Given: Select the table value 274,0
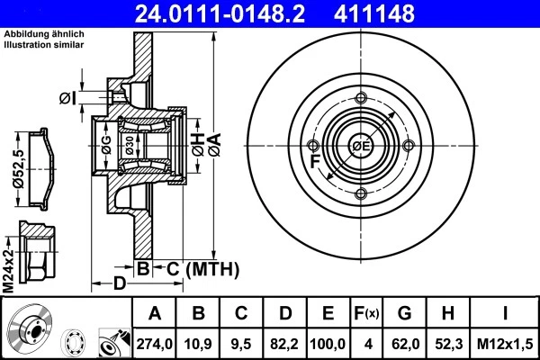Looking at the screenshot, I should [155, 342].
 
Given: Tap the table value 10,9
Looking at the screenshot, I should [198, 342].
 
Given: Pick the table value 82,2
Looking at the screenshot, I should [285, 342].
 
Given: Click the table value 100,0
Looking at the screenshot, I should [328, 342].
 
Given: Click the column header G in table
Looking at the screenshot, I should [404, 313].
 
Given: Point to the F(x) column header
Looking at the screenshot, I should [367, 313].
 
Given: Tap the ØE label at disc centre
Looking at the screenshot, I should [361, 147].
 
